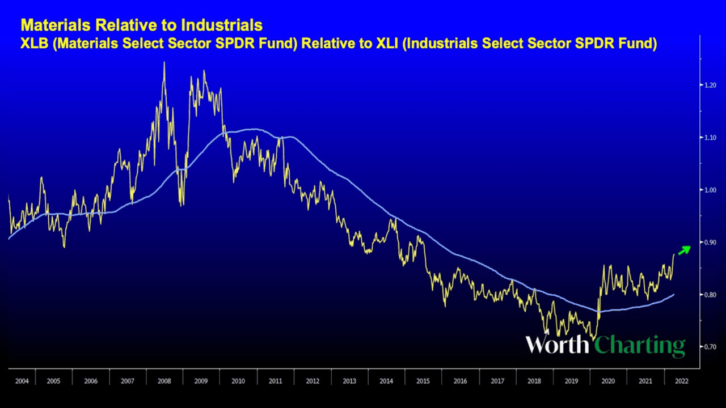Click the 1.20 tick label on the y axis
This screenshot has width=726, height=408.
710,85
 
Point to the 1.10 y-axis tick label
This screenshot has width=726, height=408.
710,138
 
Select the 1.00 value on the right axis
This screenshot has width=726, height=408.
710,190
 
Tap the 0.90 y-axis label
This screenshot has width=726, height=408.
710,243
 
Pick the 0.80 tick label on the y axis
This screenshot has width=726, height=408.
710,295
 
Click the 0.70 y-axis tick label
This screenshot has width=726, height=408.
710,347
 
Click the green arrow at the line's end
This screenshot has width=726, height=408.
685,249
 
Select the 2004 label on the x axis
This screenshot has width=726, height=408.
22,381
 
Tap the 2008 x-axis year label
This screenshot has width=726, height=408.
164,381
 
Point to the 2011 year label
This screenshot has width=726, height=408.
276,381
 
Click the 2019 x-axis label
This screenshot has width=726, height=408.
571,381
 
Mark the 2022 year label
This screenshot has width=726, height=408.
681,381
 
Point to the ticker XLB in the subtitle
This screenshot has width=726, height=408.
33,44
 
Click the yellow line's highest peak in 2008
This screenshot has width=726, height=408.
164,62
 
